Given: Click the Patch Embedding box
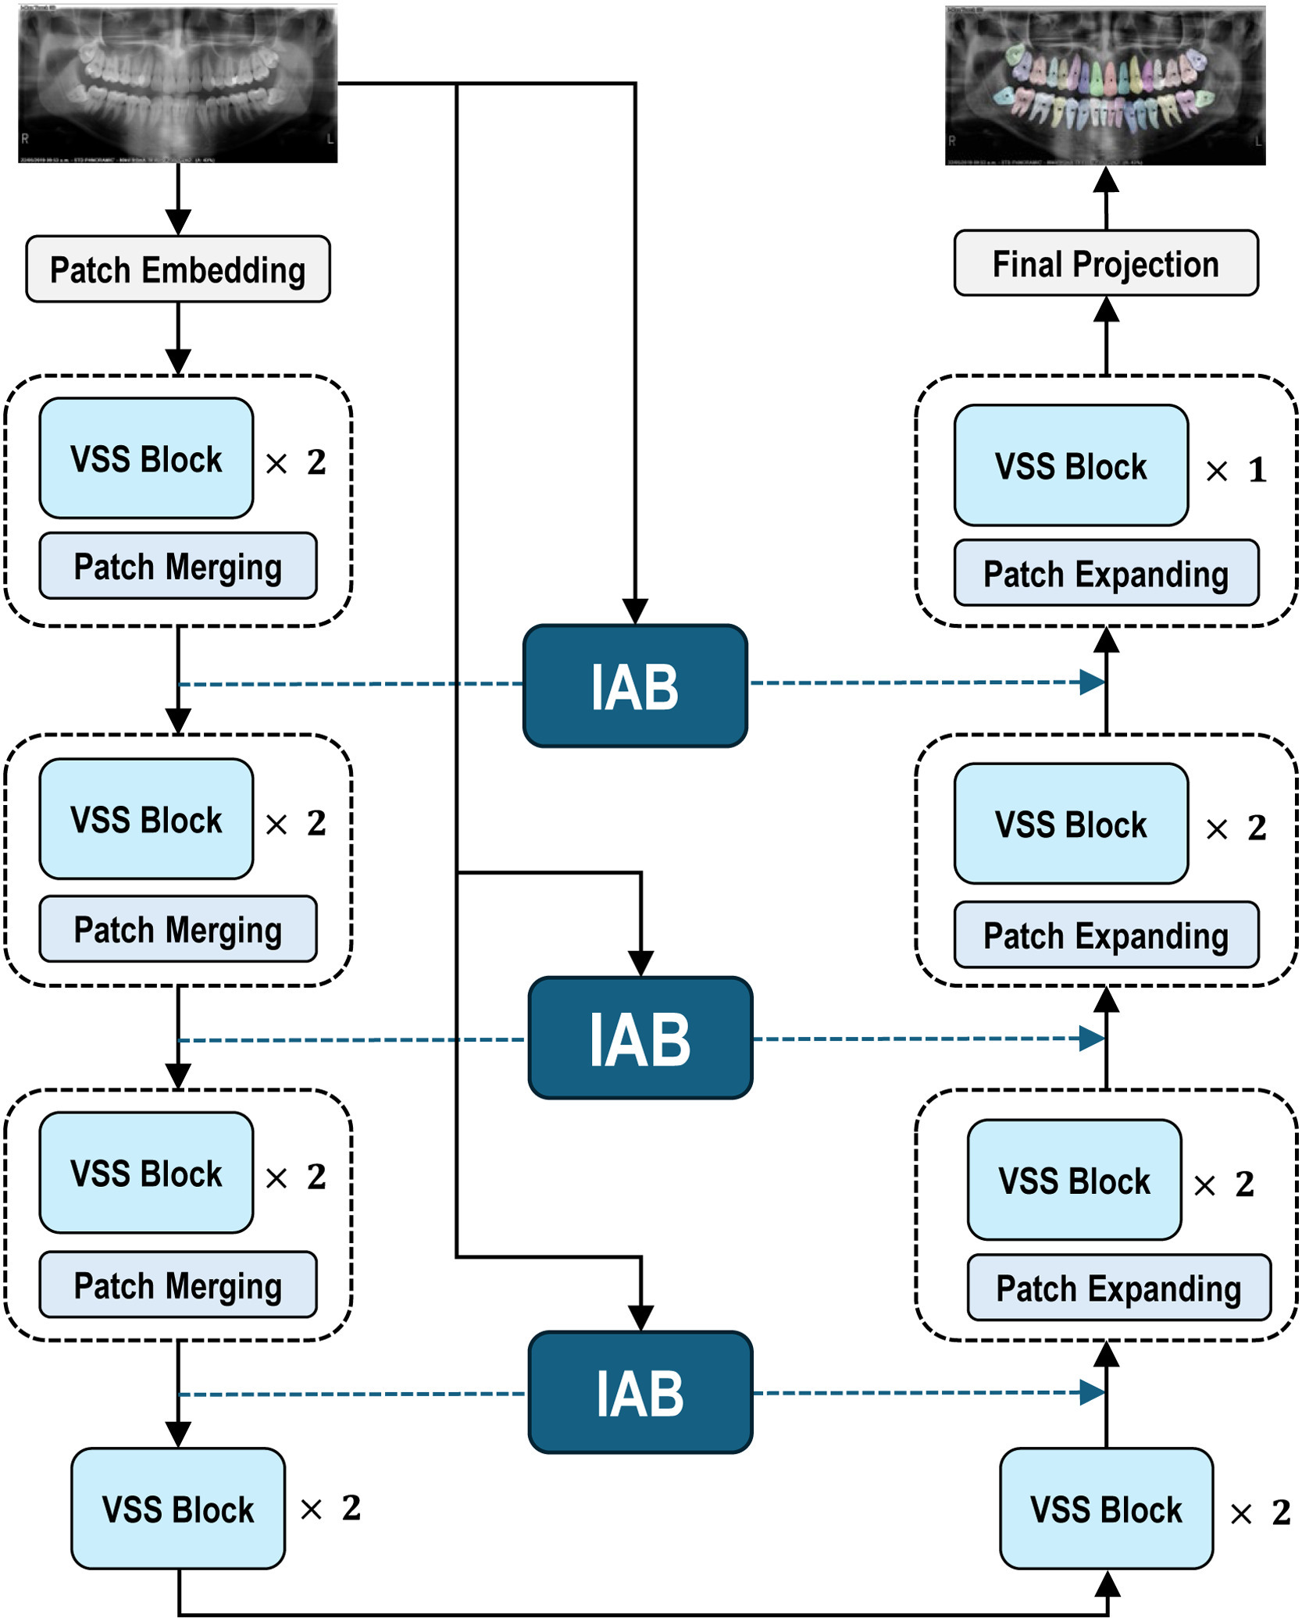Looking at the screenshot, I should pos(178,269).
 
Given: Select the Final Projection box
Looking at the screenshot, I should pos(1105,263).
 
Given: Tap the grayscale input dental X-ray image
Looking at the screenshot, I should pos(178,84).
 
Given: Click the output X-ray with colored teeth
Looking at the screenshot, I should pos(1105,86).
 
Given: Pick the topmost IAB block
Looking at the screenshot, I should pos(635,686).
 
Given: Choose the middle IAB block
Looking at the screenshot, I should pos(640,1038).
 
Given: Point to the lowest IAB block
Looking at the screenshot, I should pos(640,1392).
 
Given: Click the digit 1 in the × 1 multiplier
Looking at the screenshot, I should pos(1257,470).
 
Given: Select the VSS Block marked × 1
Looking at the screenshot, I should pos(1071,465).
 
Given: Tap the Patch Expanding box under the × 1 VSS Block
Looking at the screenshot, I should pos(1105,573).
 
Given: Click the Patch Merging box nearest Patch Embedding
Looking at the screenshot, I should pos(178,566).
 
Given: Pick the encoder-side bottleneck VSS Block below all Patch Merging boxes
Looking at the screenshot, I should pos(178,1509).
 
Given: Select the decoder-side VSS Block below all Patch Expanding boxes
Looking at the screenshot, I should pos(1106,1509).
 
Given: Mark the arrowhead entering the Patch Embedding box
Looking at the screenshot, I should pos(179,223).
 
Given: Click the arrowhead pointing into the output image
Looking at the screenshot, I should pos(1106,180).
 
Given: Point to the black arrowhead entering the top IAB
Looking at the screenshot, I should pos(635,611).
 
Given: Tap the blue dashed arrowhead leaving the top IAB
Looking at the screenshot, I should pos(1092,682).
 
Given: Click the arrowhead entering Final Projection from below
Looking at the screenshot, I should pos(1106,310).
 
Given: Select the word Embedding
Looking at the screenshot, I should pos(223,271).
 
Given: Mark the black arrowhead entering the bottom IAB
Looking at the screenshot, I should pos(641,1318).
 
